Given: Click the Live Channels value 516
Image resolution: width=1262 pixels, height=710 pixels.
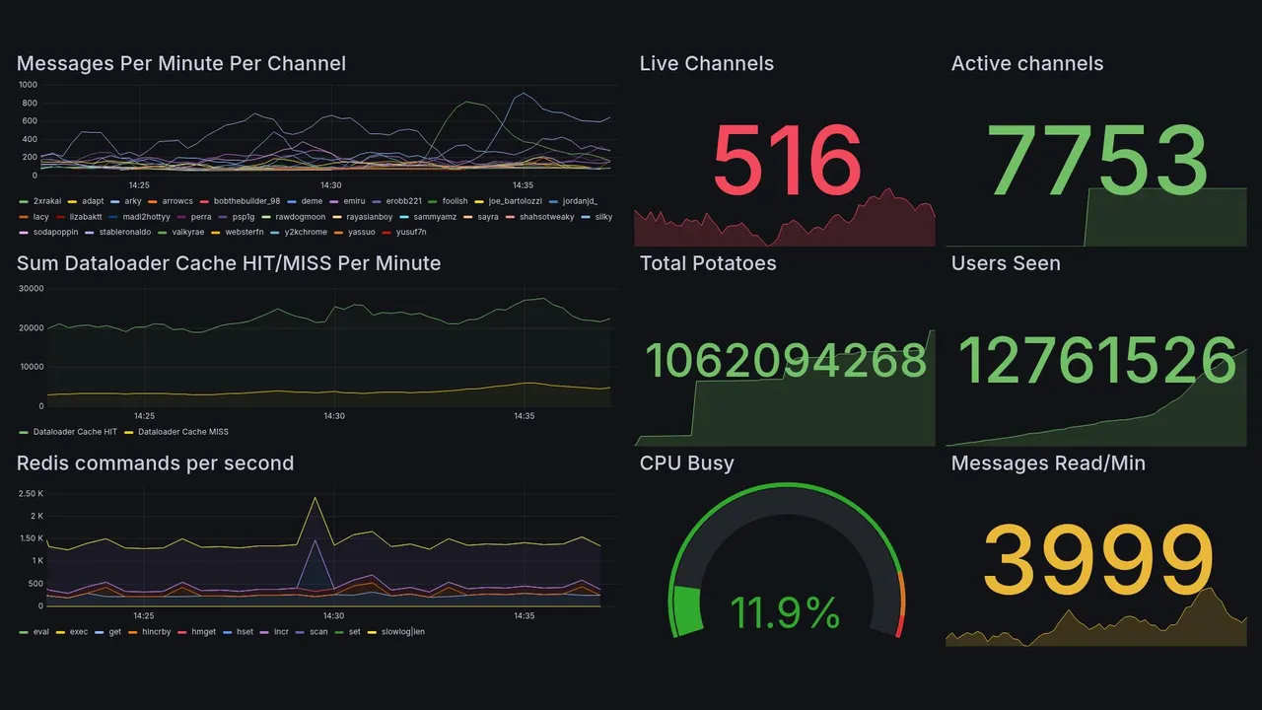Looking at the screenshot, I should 786,161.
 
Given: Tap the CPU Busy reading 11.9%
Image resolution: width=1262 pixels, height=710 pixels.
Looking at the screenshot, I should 785,613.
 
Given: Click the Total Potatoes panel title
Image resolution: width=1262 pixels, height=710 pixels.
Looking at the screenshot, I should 707,263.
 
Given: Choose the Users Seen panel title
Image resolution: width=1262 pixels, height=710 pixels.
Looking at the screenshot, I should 1006,263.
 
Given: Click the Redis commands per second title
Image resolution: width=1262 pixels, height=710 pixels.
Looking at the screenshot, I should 155,463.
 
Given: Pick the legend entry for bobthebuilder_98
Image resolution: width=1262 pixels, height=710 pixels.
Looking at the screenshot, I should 246,201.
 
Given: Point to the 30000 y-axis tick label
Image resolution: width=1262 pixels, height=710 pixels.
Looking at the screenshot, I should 32,289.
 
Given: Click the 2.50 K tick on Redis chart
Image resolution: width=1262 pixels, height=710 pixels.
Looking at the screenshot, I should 31,493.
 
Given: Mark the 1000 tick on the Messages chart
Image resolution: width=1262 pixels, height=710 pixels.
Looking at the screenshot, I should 28,85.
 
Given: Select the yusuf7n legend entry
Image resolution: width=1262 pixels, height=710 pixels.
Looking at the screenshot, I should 411,233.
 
